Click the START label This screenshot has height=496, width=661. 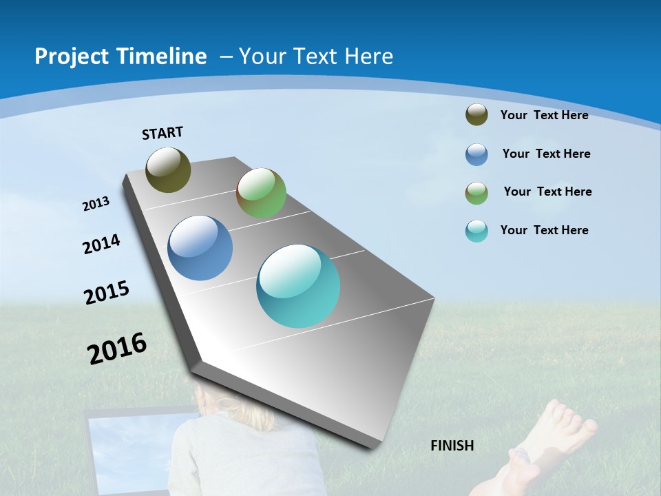(x=162, y=133)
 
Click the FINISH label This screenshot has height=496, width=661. (x=452, y=446)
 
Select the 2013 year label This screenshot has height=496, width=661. (x=96, y=204)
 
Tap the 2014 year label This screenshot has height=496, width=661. (x=102, y=245)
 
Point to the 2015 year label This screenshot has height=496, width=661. (x=107, y=293)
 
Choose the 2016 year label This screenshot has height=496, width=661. (x=117, y=349)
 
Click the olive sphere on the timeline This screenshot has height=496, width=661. (x=168, y=169)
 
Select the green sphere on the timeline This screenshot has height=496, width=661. (x=261, y=193)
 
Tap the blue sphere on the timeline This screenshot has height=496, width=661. (x=200, y=248)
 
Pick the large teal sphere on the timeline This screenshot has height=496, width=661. (x=298, y=286)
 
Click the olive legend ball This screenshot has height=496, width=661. (x=476, y=115)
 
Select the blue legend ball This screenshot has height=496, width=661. (x=476, y=154)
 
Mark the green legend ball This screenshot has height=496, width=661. (x=476, y=192)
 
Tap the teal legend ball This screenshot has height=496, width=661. (x=476, y=231)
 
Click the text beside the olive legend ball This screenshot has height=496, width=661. (x=544, y=115)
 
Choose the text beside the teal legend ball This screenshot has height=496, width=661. (x=544, y=230)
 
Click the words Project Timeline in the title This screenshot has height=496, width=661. (x=120, y=56)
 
